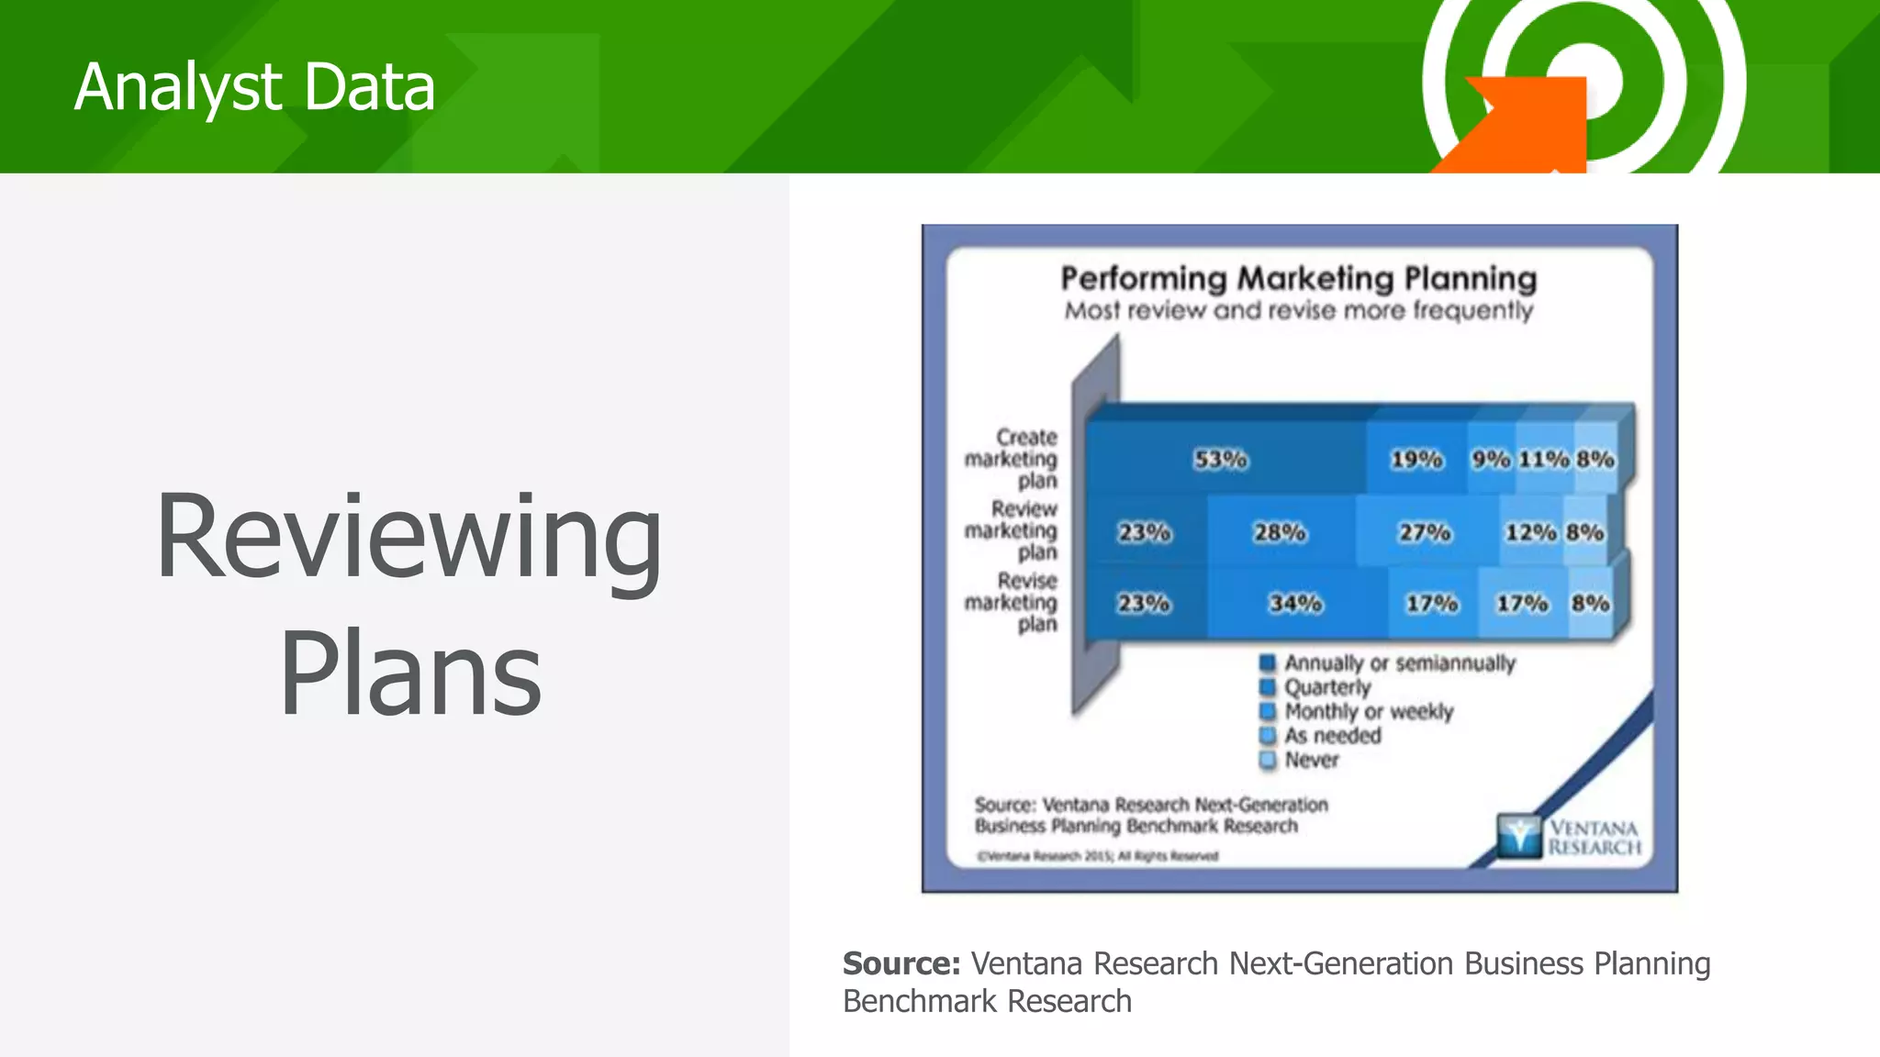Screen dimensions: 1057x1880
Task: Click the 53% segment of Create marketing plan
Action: tap(1221, 459)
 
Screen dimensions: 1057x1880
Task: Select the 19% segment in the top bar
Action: tap(1416, 459)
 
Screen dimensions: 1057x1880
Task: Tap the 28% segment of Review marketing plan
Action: tap(1280, 532)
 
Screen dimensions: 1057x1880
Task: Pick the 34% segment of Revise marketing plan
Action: tap(1295, 603)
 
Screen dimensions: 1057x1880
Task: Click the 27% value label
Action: tap(1425, 532)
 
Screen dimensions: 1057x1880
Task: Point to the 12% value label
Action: tap(1530, 532)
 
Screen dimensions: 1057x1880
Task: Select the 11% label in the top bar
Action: tap(1544, 459)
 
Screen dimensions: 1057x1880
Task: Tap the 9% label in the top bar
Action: tap(1491, 459)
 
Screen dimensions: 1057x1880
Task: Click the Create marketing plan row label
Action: tap(1012, 459)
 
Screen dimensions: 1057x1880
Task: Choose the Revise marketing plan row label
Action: tap(1012, 603)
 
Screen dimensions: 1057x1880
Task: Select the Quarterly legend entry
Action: tap(1326, 687)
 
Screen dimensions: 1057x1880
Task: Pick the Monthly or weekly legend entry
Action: tap(1368, 711)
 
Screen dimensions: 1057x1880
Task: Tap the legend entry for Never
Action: tap(1311, 760)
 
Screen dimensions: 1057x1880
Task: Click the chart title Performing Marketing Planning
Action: tap(1298, 278)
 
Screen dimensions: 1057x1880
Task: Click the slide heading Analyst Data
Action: tap(254, 87)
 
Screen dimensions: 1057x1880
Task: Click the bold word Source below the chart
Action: tap(901, 963)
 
